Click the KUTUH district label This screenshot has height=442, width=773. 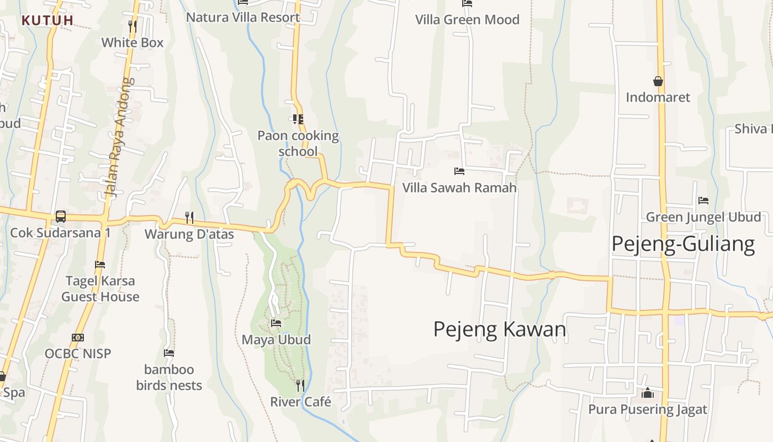pyautogui.click(x=47, y=20)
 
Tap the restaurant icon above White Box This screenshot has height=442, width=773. pyautogui.click(x=132, y=27)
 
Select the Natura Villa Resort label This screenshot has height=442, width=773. pyautogui.click(x=243, y=17)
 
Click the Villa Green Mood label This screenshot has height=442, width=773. pyautogui.click(x=467, y=20)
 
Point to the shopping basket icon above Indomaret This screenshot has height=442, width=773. pyautogui.click(x=658, y=81)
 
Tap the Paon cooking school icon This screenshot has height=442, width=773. pyautogui.click(x=298, y=119)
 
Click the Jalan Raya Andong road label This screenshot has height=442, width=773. pyautogui.click(x=119, y=138)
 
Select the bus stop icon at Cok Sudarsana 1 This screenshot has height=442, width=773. pyautogui.click(x=61, y=217)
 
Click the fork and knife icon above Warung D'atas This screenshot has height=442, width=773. pyautogui.click(x=189, y=218)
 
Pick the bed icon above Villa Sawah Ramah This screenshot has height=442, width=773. pyautogui.click(x=459, y=171)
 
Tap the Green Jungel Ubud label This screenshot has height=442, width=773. pyautogui.click(x=703, y=217)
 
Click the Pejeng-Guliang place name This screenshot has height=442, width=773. pyautogui.click(x=683, y=244)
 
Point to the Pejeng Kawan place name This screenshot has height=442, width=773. pyautogui.click(x=500, y=329)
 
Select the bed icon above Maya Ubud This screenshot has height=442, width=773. pyautogui.click(x=276, y=323)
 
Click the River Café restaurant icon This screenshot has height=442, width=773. pyautogui.click(x=300, y=385)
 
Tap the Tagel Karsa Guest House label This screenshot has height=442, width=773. pyautogui.click(x=100, y=288)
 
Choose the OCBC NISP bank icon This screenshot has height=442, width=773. pyautogui.click(x=78, y=337)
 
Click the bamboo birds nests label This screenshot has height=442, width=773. pyautogui.click(x=169, y=377)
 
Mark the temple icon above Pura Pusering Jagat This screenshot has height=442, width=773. pyautogui.click(x=647, y=393)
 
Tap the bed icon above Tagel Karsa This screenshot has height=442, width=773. pyautogui.click(x=100, y=265)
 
